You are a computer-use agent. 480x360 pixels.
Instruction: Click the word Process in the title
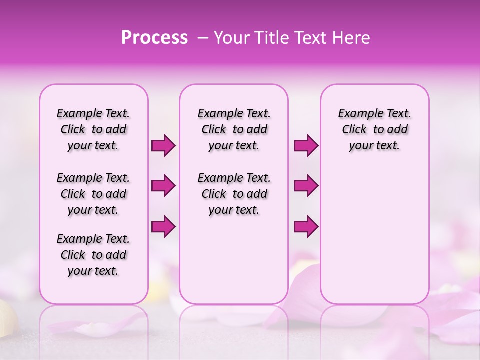click(154, 38)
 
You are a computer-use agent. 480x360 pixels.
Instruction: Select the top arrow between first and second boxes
click(163, 146)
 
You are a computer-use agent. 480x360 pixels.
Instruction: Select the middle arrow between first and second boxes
click(163, 186)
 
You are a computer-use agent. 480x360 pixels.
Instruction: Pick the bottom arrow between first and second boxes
click(163, 227)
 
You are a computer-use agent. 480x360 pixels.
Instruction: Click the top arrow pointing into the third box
click(306, 146)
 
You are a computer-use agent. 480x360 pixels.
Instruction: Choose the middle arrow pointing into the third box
click(306, 186)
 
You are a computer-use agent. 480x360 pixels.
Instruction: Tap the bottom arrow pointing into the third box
click(306, 227)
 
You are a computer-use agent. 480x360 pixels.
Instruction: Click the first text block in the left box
click(93, 129)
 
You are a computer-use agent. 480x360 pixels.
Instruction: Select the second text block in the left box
click(93, 194)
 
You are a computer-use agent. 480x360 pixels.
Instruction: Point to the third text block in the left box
click(93, 255)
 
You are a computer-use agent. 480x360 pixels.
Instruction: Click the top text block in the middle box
click(234, 129)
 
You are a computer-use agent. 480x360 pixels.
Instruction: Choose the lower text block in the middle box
click(234, 194)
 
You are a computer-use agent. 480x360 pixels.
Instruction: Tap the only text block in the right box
click(374, 129)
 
